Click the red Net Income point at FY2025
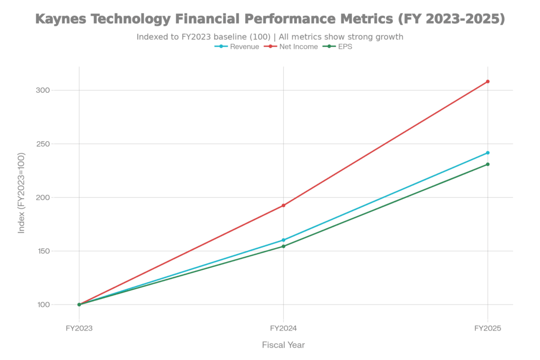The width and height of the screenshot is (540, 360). click(488, 81)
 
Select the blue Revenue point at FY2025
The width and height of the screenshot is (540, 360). click(488, 153)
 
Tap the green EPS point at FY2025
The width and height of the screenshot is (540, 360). click(488, 164)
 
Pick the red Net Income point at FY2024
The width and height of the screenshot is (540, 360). click(284, 205)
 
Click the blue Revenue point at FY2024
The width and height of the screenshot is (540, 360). click(284, 240)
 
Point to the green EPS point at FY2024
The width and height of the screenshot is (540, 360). click(284, 246)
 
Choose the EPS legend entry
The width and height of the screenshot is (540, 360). click(344, 47)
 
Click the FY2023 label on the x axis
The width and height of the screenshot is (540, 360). click(79, 328)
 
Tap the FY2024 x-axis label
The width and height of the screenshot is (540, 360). click(284, 328)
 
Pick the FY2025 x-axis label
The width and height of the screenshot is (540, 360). click(488, 328)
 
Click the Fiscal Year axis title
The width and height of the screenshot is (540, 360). click(284, 345)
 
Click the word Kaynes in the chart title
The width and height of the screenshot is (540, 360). click(62, 20)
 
